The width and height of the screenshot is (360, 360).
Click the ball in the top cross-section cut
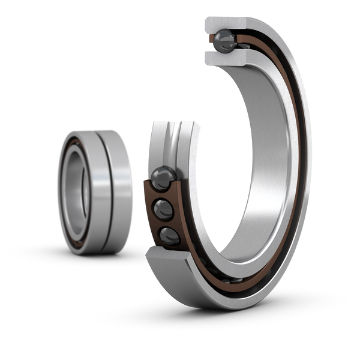coord(226,41)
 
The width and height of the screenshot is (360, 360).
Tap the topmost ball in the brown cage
coord(163,178)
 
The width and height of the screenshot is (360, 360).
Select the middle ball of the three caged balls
coord(164,209)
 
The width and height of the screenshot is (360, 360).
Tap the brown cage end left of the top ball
coord(211,40)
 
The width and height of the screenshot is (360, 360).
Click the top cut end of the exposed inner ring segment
coord(174,125)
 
